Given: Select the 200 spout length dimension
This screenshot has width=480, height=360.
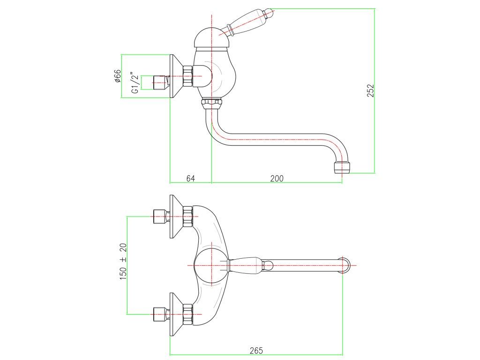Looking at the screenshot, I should pyautogui.click(x=277, y=178).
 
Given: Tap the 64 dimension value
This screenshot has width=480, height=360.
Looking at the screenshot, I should pyautogui.click(x=190, y=178).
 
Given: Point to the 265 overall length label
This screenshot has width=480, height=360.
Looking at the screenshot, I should pyautogui.click(x=256, y=350).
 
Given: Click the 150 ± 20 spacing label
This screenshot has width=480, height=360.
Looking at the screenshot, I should pyautogui.click(x=123, y=262).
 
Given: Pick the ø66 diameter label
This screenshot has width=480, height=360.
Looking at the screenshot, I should pyautogui.click(x=118, y=76).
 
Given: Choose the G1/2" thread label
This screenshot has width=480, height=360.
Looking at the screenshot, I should pyautogui.click(x=135, y=83).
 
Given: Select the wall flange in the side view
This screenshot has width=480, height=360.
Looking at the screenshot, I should pyautogui.click(x=176, y=76).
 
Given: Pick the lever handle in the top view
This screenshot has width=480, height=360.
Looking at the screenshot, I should pyautogui.click(x=248, y=265).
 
